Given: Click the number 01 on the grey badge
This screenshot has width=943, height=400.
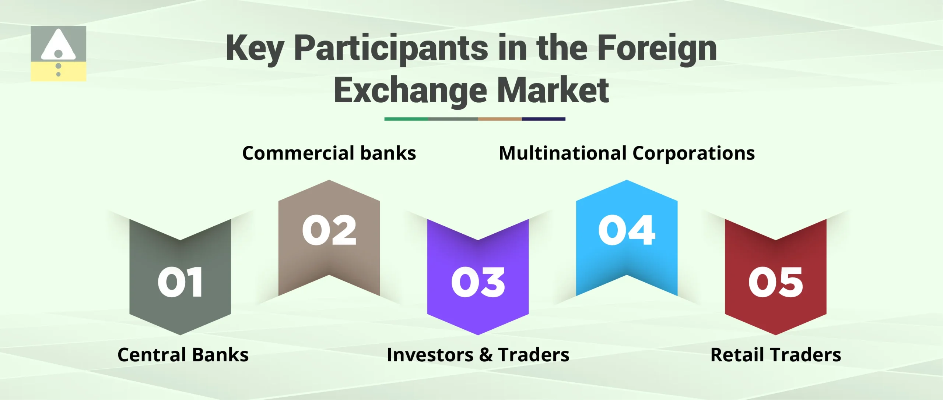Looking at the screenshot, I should point(180,282).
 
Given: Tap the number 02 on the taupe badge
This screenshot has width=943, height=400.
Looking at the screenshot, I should point(329,230).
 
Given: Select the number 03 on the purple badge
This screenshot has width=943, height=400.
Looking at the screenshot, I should point(478,282).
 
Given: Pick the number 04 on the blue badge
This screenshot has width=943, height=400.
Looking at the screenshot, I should point(627,230).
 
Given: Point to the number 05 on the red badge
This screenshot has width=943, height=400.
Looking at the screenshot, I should point(775,282).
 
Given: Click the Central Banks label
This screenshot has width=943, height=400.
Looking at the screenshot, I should point(183,355).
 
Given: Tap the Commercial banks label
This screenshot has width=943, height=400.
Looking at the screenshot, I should point(329,153).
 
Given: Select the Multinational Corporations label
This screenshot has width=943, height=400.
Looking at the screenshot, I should point(627,153).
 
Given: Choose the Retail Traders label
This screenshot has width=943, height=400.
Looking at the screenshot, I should point(775,355).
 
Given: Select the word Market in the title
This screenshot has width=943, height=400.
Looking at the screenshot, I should point(553,91).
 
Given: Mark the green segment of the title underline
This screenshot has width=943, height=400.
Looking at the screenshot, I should point(406,119).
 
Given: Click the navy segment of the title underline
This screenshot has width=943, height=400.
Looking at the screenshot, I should point(543,119).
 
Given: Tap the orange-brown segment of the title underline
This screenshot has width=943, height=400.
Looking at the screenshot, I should point(499,119).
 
